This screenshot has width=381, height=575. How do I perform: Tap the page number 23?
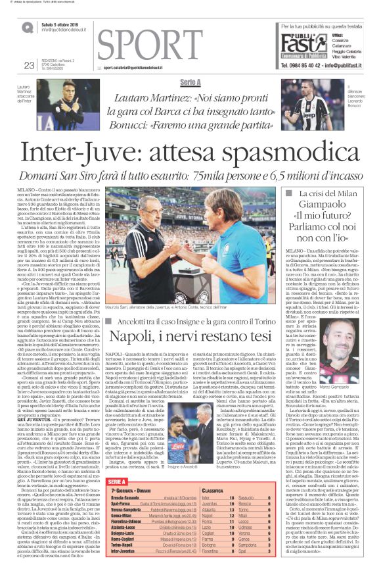tap(28, 64)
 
